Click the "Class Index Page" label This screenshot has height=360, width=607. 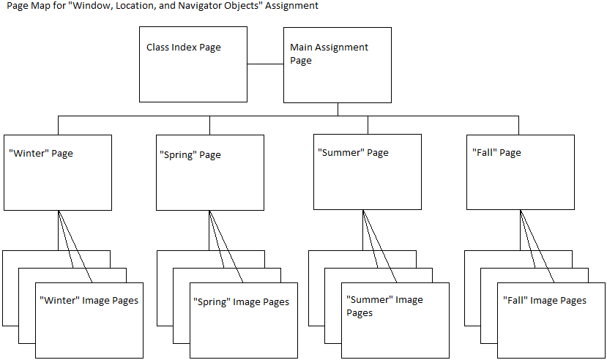[183, 48]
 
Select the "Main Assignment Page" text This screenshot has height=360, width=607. [329, 53]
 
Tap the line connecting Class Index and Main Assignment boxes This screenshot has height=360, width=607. [265, 64]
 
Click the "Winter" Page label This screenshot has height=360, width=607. [40, 154]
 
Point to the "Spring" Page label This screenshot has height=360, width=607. [190, 155]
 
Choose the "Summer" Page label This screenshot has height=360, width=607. [352, 153]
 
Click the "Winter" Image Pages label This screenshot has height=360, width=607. [89, 300]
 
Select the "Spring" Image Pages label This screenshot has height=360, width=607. [240, 302]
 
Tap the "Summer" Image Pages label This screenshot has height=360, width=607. [384, 306]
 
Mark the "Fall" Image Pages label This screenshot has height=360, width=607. [544, 300]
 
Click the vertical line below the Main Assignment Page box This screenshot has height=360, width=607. [338, 109]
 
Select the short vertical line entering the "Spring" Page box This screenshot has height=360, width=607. [209, 125]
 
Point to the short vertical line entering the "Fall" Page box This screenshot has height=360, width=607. [518, 125]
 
